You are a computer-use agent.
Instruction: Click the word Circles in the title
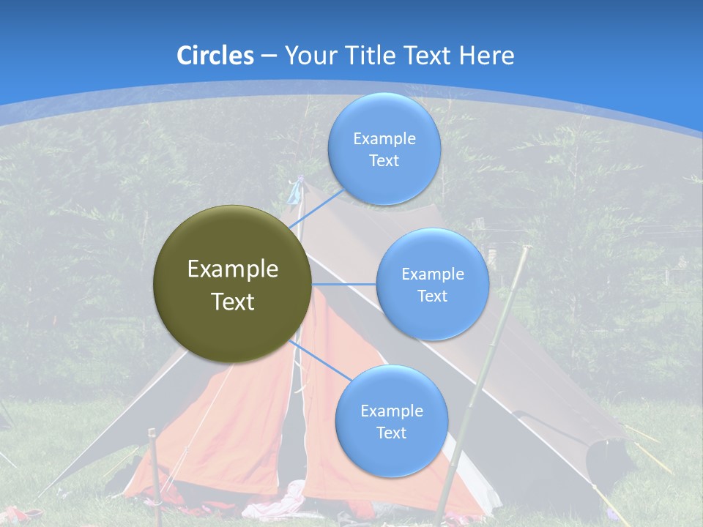[x=215, y=56]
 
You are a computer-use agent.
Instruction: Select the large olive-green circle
[x=232, y=284]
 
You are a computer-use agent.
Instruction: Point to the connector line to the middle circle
[x=343, y=284]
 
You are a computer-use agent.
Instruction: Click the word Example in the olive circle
[x=232, y=269]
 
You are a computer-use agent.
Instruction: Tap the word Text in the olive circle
[x=232, y=302]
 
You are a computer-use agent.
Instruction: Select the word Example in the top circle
[x=384, y=139]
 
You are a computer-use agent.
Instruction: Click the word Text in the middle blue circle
[x=432, y=296]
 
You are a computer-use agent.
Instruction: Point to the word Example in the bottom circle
[x=391, y=411]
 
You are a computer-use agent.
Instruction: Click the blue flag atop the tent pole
[x=295, y=191]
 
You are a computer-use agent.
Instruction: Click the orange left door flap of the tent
[x=249, y=425]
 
